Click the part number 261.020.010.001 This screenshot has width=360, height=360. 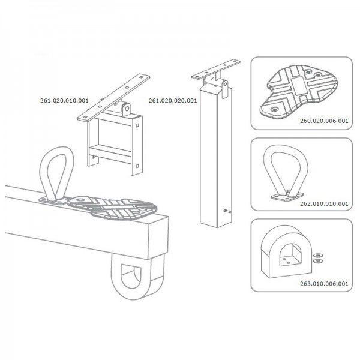(64, 101)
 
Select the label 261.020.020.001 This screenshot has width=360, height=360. (173, 101)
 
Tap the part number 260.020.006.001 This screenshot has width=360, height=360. (324, 121)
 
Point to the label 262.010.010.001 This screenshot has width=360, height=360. (324, 203)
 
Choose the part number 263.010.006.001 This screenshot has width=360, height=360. (324, 284)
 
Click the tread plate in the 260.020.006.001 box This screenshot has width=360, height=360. (298, 92)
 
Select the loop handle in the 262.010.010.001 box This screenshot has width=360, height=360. (286, 173)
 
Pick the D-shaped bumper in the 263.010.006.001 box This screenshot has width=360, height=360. (286, 251)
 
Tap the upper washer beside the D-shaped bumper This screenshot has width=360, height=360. (318, 255)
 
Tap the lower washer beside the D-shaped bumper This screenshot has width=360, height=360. (318, 261)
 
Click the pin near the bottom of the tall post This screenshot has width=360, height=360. (227, 211)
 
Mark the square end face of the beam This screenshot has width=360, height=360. (159, 238)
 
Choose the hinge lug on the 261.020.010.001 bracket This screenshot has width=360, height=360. (126, 109)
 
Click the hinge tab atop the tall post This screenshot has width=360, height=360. (225, 89)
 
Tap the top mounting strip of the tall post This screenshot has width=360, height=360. (216, 70)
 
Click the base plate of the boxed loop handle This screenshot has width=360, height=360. (287, 196)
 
